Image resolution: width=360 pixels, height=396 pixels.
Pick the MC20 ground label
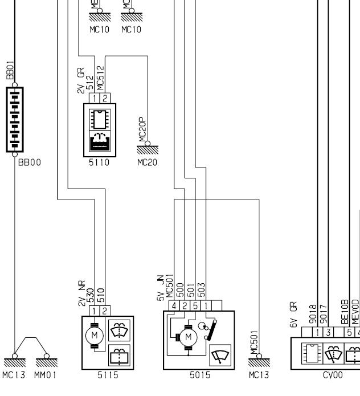146,162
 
